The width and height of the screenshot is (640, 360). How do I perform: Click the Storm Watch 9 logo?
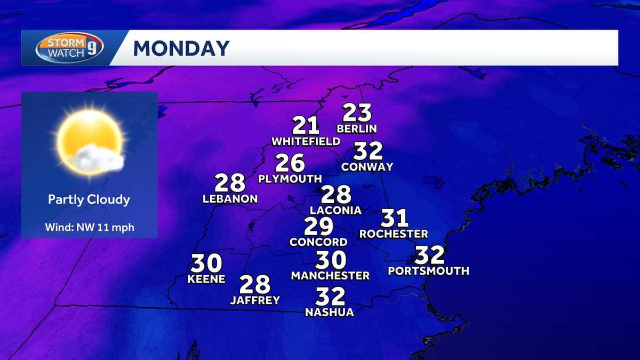[x=69, y=48]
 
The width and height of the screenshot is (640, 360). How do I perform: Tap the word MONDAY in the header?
[x=181, y=49]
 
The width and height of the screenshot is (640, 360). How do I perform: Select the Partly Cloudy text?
[x=89, y=199]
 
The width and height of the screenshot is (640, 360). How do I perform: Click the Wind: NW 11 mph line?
[x=89, y=228]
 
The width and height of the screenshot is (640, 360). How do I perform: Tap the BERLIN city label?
[x=357, y=129]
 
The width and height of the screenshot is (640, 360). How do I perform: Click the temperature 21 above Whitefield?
[x=306, y=126]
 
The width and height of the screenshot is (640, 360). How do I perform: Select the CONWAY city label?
[x=367, y=167]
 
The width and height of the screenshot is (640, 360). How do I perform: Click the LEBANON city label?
[x=230, y=199]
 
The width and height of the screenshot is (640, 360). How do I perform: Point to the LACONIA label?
[x=335, y=210]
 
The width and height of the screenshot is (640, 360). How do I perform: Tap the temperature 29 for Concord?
[x=318, y=227]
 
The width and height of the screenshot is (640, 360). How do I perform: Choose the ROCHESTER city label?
[x=394, y=234]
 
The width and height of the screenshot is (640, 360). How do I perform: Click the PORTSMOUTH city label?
[x=428, y=271]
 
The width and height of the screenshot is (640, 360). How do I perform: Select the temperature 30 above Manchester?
[x=331, y=260]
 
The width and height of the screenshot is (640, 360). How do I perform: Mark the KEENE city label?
[x=206, y=279]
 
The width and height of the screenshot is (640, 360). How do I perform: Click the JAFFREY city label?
[x=255, y=300]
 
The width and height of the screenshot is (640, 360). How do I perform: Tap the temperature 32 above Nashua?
[x=330, y=297]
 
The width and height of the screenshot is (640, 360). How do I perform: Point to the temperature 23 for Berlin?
[x=357, y=113]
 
